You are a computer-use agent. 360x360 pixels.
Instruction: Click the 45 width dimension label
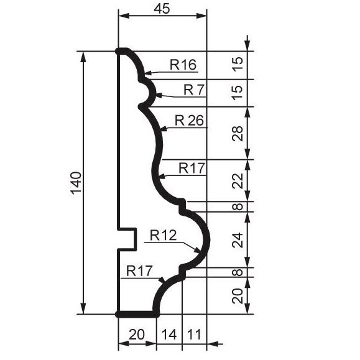[x=162, y=9]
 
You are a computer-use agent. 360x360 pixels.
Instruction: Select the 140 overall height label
[x=76, y=183]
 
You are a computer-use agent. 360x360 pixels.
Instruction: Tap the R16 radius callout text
[x=183, y=65]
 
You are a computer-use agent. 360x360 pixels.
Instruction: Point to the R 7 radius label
[x=194, y=90]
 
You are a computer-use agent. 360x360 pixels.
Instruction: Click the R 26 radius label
[x=189, y=120]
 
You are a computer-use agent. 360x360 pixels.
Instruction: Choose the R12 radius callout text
[x=164, y=235]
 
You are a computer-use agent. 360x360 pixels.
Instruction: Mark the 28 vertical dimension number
[x=238, y=134]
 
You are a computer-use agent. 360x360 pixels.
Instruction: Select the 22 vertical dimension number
[x=238, y=181]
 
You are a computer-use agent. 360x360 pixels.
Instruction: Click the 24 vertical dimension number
[x=238, y=240]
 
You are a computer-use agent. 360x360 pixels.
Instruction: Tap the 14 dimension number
[x=169, y=335]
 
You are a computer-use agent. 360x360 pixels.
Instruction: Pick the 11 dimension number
[x=194, y=335]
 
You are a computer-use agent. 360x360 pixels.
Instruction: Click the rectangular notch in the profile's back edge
[x=127, y=239]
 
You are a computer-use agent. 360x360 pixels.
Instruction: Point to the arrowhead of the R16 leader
[x=149, y=73]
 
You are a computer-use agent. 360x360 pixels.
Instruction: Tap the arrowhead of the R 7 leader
[x=159, y=95]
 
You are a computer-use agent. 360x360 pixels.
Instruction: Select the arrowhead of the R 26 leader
[x=164, y=129]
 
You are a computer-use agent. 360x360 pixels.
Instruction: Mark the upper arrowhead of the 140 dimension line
[x=83, y=57]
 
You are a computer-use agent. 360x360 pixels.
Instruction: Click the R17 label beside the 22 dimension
[x=192, y=168]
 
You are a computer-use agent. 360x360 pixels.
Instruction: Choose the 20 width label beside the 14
[x=137, y=335]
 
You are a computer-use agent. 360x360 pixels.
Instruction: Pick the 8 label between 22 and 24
[x=238, y=206]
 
